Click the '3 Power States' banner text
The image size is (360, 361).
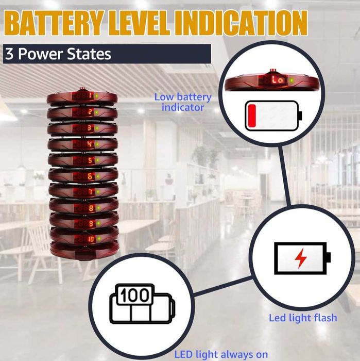58,54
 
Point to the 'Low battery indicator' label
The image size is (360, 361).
183,102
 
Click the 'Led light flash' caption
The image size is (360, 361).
303,318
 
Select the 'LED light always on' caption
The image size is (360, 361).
221,355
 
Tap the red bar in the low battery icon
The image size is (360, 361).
252,116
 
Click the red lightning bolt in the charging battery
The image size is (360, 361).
301,258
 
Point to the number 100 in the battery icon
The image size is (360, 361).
134,295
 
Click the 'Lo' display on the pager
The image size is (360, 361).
278,80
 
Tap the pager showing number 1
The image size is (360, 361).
82,97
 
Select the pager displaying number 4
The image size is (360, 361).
82,144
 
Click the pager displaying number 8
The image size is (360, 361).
83,208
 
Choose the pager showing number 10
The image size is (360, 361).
84,238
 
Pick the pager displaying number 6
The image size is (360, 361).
83,176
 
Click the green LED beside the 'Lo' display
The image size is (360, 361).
292,80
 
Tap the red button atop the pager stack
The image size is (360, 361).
82,89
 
